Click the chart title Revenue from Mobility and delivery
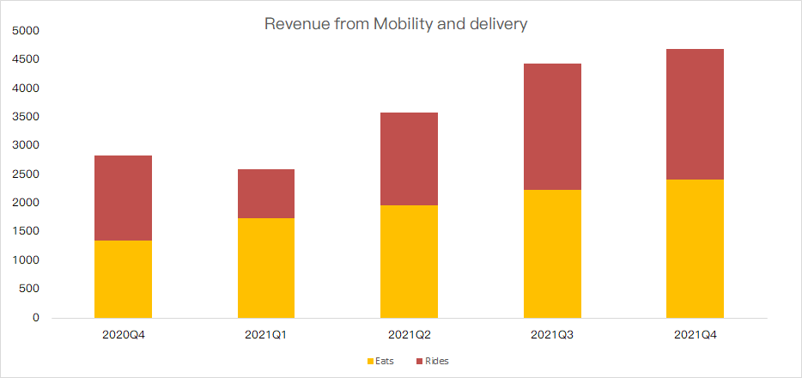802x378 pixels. tap(396, 24)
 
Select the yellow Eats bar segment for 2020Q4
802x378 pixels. tap(123, 279)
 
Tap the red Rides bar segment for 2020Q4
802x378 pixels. tap(123, 198)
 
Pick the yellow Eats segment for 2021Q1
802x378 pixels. tap(266, 268)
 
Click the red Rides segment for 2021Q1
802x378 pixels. tap(266, 193)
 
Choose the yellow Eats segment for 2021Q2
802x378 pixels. tap(409, 261)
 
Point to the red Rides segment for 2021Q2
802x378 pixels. tap(409, 159)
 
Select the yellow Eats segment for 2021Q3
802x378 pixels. tap(552, 253)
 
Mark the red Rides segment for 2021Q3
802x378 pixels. tap(552, 126)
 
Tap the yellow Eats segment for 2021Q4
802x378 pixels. tap(695, 248)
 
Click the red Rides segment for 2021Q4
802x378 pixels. tap(695, 114)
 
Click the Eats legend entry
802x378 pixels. tap(380, 361)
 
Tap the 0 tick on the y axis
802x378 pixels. tap(36, 318)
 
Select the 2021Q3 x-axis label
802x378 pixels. tap(552, 333)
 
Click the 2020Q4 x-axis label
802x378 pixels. tap(123, 333)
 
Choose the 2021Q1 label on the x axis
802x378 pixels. tap(266, 333)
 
